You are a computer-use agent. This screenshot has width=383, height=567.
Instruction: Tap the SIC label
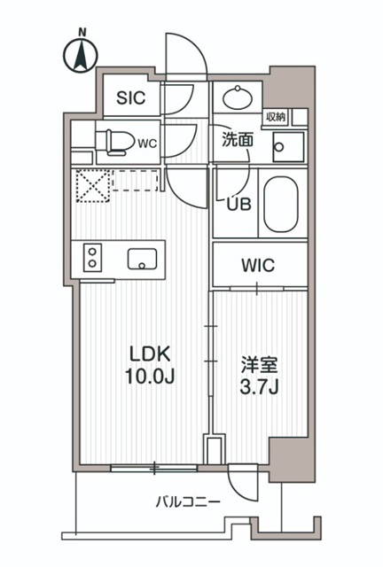[x=133, y=98]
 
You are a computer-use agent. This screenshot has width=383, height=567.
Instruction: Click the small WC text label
[x=147, y=141]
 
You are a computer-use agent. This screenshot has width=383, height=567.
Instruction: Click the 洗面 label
[x=238, y=139]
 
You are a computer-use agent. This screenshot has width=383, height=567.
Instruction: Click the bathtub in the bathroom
[x=283, y=204]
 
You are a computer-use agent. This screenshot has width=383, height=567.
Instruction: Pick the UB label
[x=239, y=203]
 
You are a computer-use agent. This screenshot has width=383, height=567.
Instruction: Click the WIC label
[x=258, y=264]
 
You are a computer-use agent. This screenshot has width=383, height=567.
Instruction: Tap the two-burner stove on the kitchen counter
[x=93, y=258]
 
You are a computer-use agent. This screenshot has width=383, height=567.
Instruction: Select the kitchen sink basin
[x=142, y=259]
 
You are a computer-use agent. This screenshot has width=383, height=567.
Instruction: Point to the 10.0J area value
[x=149, y=376]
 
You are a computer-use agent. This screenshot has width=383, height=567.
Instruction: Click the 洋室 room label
[x=257, y=363]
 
